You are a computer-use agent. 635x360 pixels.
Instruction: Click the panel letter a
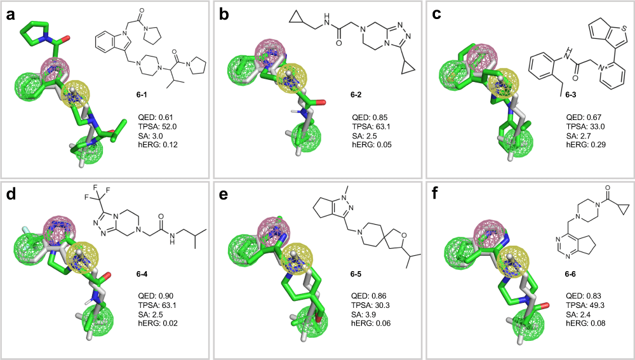tap(10, 15)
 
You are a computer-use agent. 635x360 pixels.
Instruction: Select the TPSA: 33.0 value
tap(585, 126)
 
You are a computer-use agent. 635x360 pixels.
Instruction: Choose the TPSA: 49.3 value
tap(585, 305)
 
